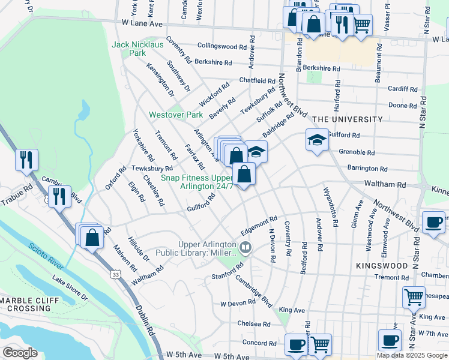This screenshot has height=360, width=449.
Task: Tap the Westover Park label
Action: [x=176, y=114]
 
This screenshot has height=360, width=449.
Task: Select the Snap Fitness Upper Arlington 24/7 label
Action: [x=196, y=182]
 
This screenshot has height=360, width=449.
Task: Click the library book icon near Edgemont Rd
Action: [x=245, y=247]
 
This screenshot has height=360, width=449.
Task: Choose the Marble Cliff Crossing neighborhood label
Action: [x=30, y=305]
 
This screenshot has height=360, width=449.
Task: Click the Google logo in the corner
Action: [x=20, y=352]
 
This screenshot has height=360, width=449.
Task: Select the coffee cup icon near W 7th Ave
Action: [x=390, y=340]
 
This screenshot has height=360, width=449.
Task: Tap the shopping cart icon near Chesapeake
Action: [x=414, y=297]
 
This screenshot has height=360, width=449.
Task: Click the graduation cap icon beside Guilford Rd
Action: [x=317, y=140]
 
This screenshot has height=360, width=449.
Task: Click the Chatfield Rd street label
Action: [x=257, y=80]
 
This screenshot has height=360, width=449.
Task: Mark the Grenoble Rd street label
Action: [x=357, y=152]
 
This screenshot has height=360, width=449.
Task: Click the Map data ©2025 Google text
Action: [x=411, y=355]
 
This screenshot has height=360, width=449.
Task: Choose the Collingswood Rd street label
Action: [x=222, y=46]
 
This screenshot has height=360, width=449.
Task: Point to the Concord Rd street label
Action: [x=259, y=343]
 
